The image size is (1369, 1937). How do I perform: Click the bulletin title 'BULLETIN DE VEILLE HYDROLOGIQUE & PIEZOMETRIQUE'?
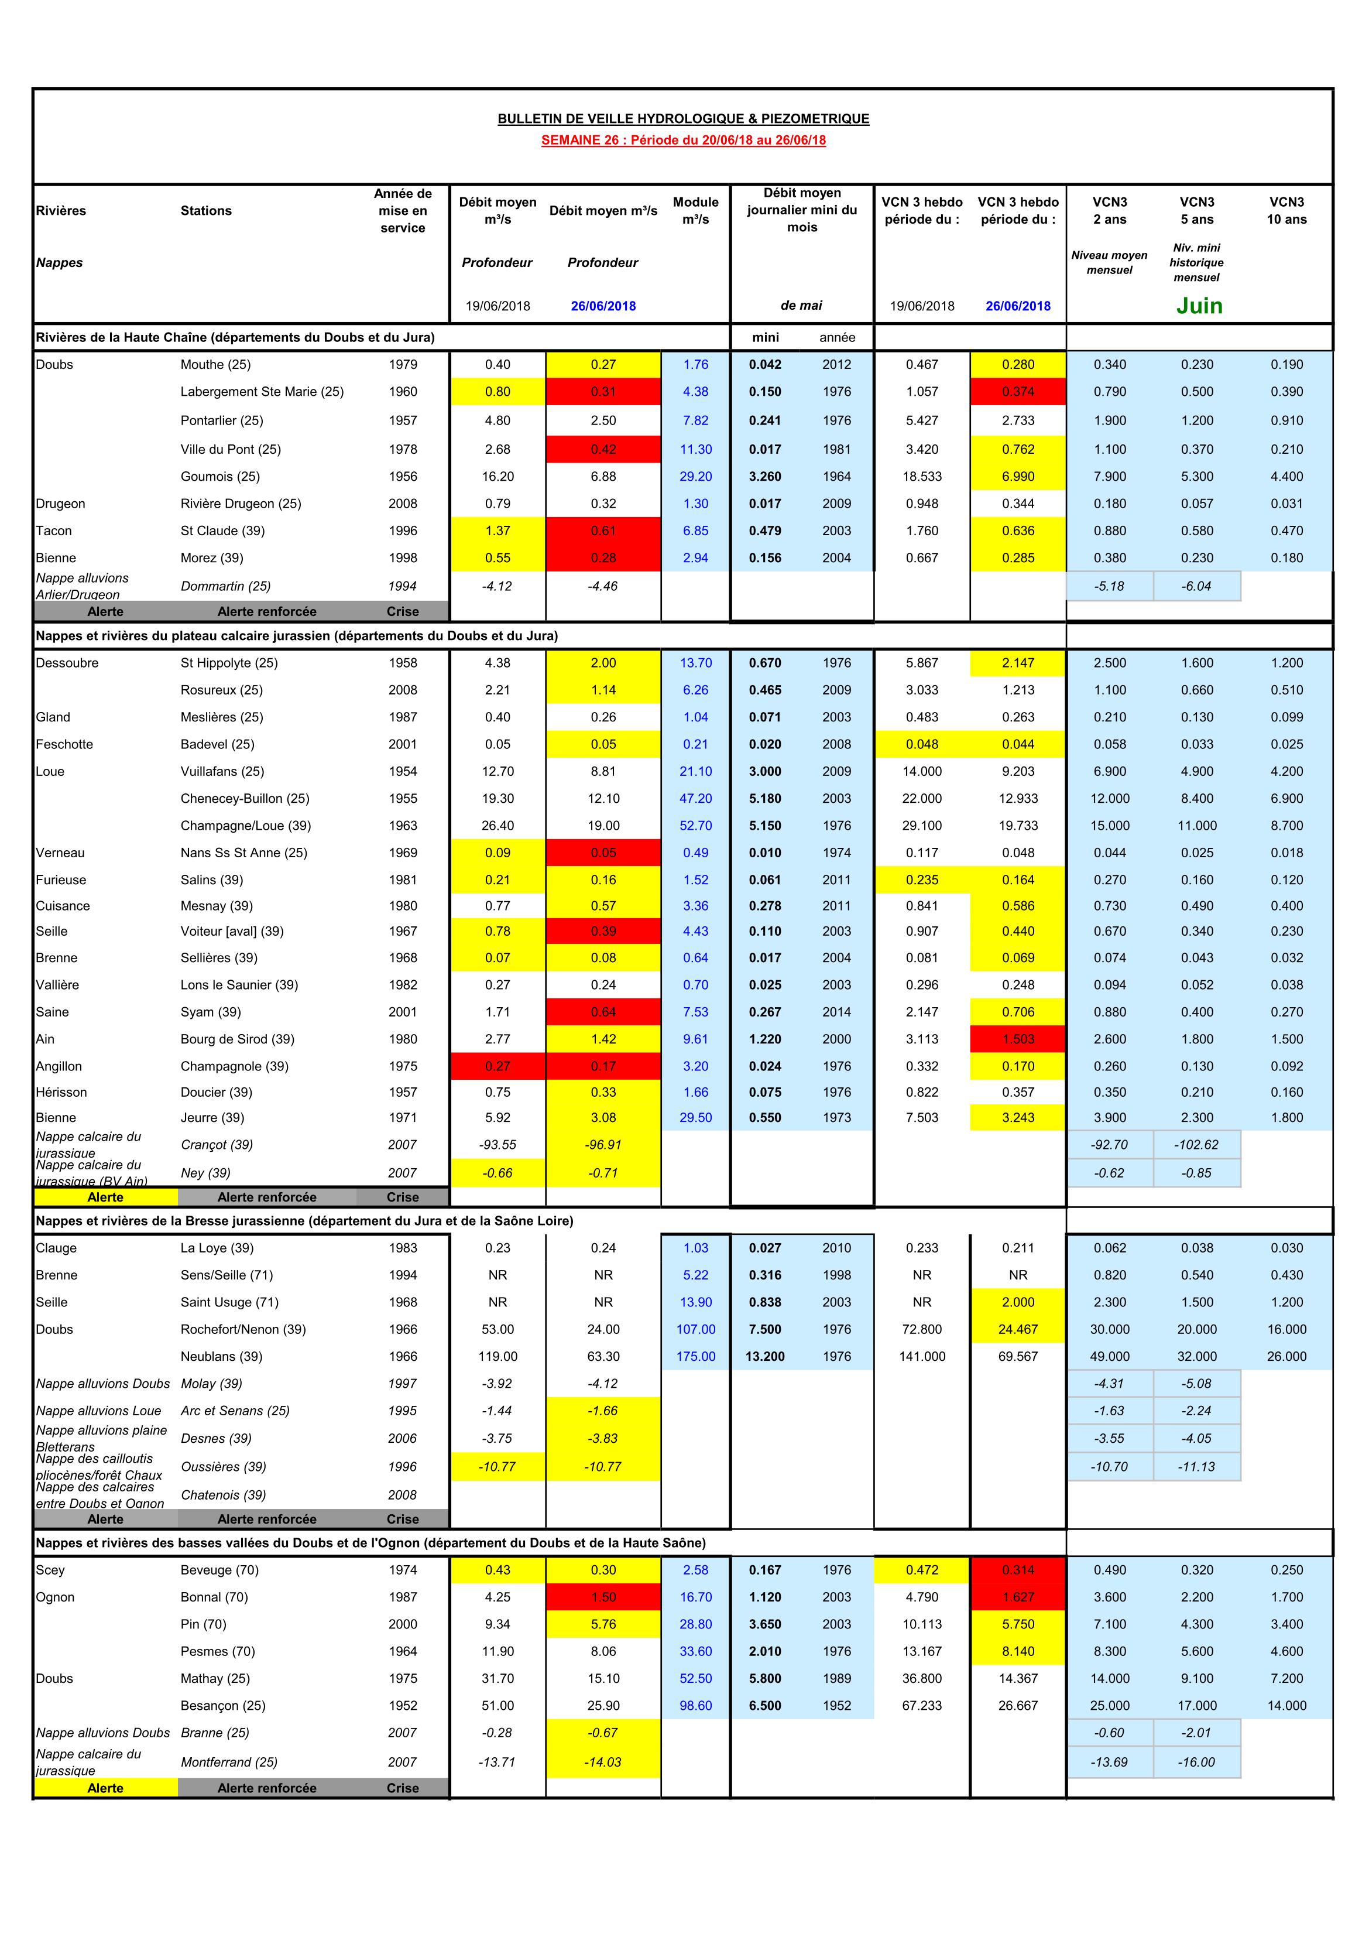(683, 119)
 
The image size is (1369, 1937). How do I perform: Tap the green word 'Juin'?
(1199, 306)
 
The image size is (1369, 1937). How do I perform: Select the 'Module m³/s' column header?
(695, 210)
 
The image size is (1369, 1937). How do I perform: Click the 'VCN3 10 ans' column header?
(1286, 210)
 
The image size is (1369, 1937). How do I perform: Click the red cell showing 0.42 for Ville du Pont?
(603, 449)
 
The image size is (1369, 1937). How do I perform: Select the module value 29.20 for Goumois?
(695, 477)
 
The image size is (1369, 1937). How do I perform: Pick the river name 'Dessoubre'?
(67, 663)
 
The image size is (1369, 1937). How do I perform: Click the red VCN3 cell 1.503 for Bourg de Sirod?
(1018, 1039)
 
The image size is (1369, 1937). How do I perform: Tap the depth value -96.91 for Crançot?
(603, 1145)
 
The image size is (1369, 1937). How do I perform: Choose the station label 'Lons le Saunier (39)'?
(239, 984)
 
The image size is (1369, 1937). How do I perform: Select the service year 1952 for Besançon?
(403, 1705)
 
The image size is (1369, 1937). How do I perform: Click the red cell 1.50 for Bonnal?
(603, 1597)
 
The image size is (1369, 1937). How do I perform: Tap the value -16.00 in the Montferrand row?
(1196, 1761)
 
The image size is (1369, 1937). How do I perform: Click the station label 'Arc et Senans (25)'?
(235, 1411)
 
